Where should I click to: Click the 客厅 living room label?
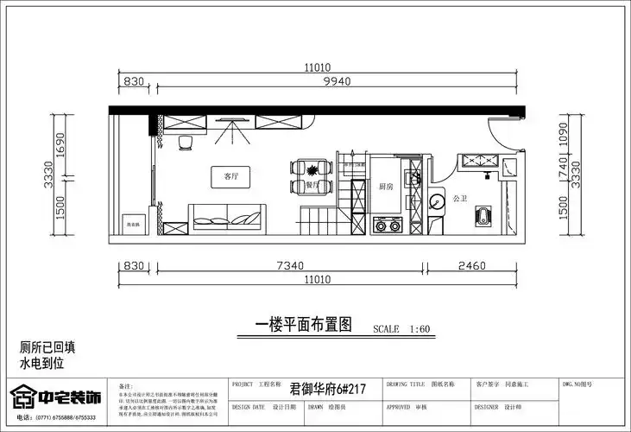click(x=230, y=175)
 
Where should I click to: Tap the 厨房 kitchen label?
click(x=386, y=186)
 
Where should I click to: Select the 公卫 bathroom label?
click(x=460, y=198)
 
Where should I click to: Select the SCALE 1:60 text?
click(x=401, y=329)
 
